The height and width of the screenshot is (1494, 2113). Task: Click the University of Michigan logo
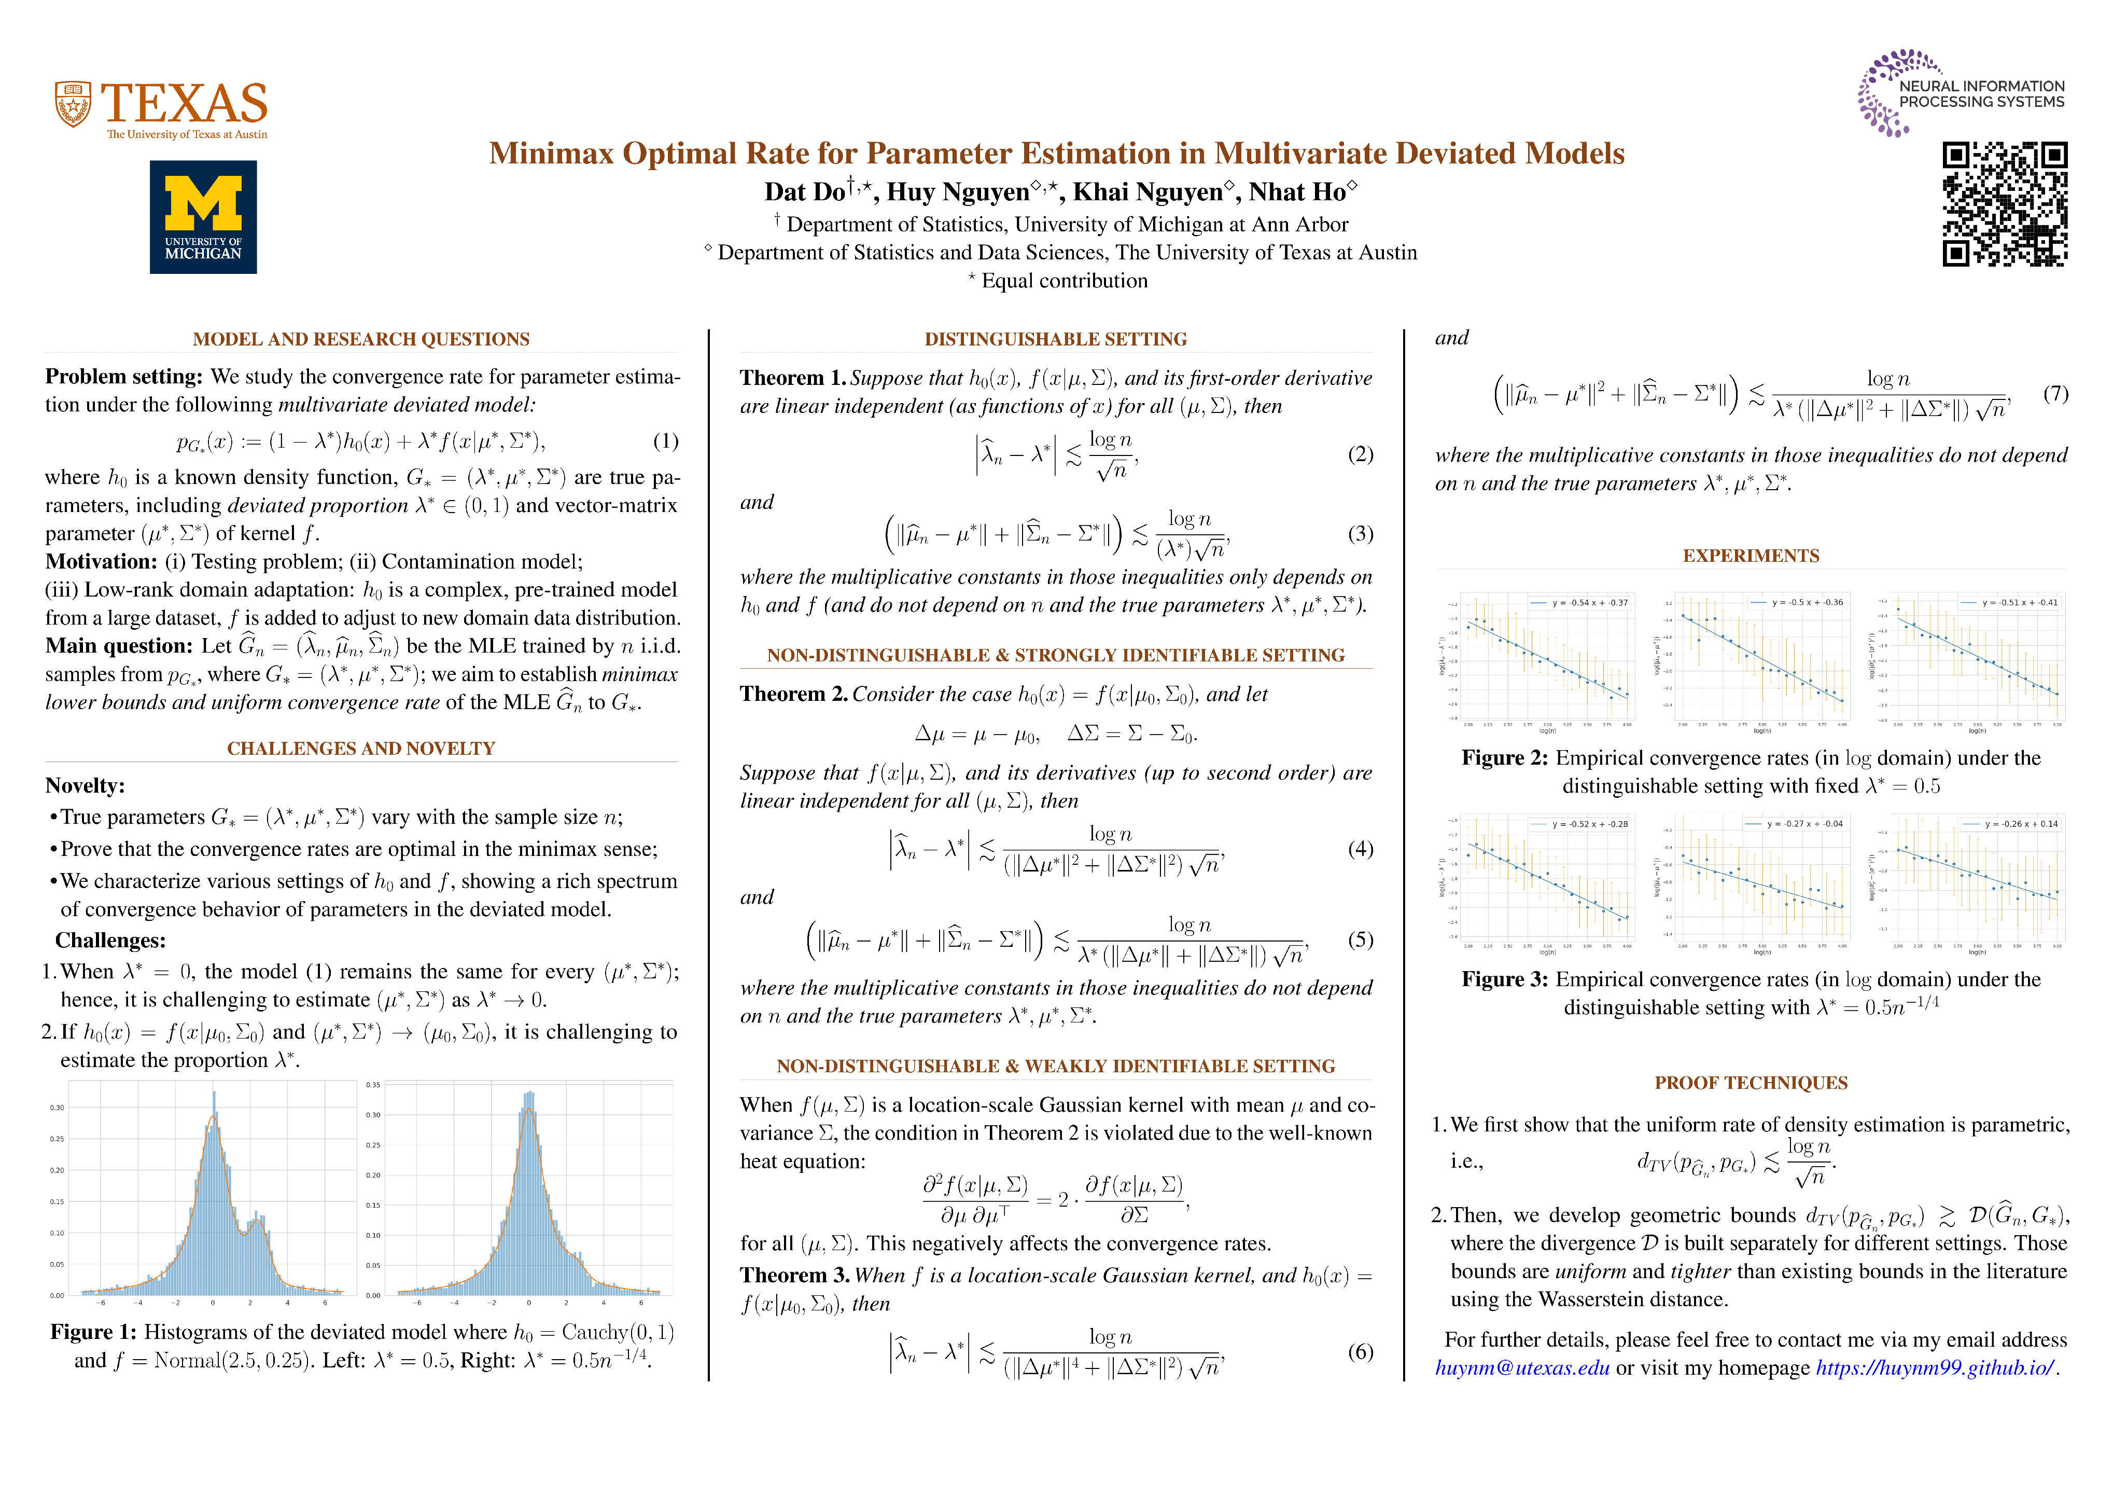tap(203, 217)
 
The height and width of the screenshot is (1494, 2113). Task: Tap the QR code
tap(2005, 204)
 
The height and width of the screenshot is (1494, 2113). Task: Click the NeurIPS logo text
tap(1981, 94)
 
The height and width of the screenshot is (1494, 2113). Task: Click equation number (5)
tap(1360, 940)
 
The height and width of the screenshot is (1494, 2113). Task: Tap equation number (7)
tap(2055, 394)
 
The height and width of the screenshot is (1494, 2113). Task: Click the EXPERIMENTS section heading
tap(1751, 556)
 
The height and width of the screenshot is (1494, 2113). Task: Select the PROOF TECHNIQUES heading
tap(1751, 1084)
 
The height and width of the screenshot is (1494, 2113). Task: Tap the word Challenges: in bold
tap(110, 941)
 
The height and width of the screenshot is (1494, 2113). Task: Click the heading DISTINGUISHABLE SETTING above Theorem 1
tap(1056, 340)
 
